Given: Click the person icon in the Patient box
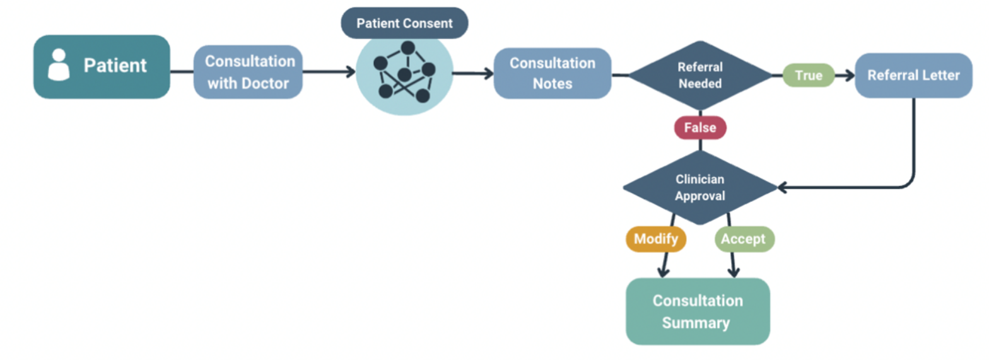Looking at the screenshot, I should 59,66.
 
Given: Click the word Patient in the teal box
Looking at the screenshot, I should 115,66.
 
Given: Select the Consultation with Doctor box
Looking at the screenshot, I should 249,72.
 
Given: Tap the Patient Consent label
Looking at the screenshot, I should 404,23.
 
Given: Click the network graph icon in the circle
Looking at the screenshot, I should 404,72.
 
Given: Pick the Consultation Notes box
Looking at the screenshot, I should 552,73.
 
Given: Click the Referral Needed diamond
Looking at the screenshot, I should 700,75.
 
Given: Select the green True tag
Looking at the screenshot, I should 808,76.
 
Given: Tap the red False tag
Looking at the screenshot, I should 700,128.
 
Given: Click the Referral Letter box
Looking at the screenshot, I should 913,76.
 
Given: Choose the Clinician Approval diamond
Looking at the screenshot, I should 699,187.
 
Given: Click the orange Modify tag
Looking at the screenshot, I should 655,240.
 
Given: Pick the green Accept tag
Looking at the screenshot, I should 744,240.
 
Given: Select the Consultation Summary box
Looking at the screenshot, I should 698,311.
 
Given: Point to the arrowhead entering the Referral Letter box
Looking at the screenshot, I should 849,76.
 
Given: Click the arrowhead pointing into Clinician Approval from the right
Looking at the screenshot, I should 783,187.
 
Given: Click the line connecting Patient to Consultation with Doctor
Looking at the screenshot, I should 182,71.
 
